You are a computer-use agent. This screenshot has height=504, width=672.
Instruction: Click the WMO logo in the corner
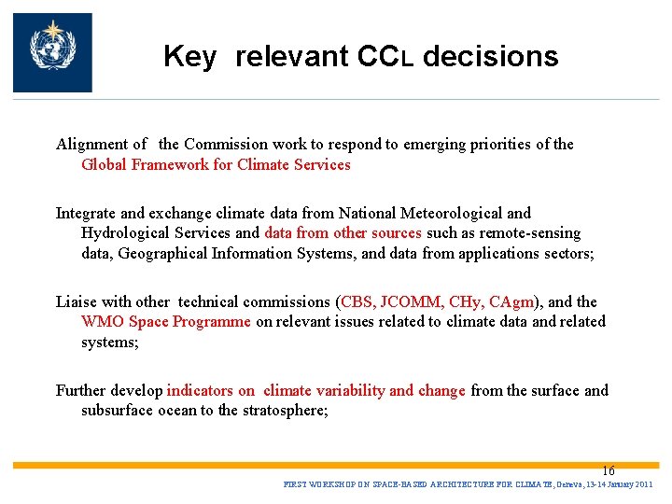(52, 52)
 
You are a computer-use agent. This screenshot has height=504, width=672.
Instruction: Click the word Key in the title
(189, 57)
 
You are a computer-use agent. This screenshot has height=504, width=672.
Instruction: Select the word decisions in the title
(490, 57)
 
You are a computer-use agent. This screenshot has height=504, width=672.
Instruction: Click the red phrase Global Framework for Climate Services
(216, 165)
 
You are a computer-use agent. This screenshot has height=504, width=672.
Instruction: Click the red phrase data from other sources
(343, 233)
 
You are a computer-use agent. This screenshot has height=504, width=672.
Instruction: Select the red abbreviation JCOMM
(411, 302)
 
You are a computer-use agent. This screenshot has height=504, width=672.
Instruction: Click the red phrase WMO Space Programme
(166, 322)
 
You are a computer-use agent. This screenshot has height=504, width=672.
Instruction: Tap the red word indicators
(200, 391)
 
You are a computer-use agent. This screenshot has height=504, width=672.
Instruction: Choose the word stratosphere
(283, 411)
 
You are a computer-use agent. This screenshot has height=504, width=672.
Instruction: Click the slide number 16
(608, 471)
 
